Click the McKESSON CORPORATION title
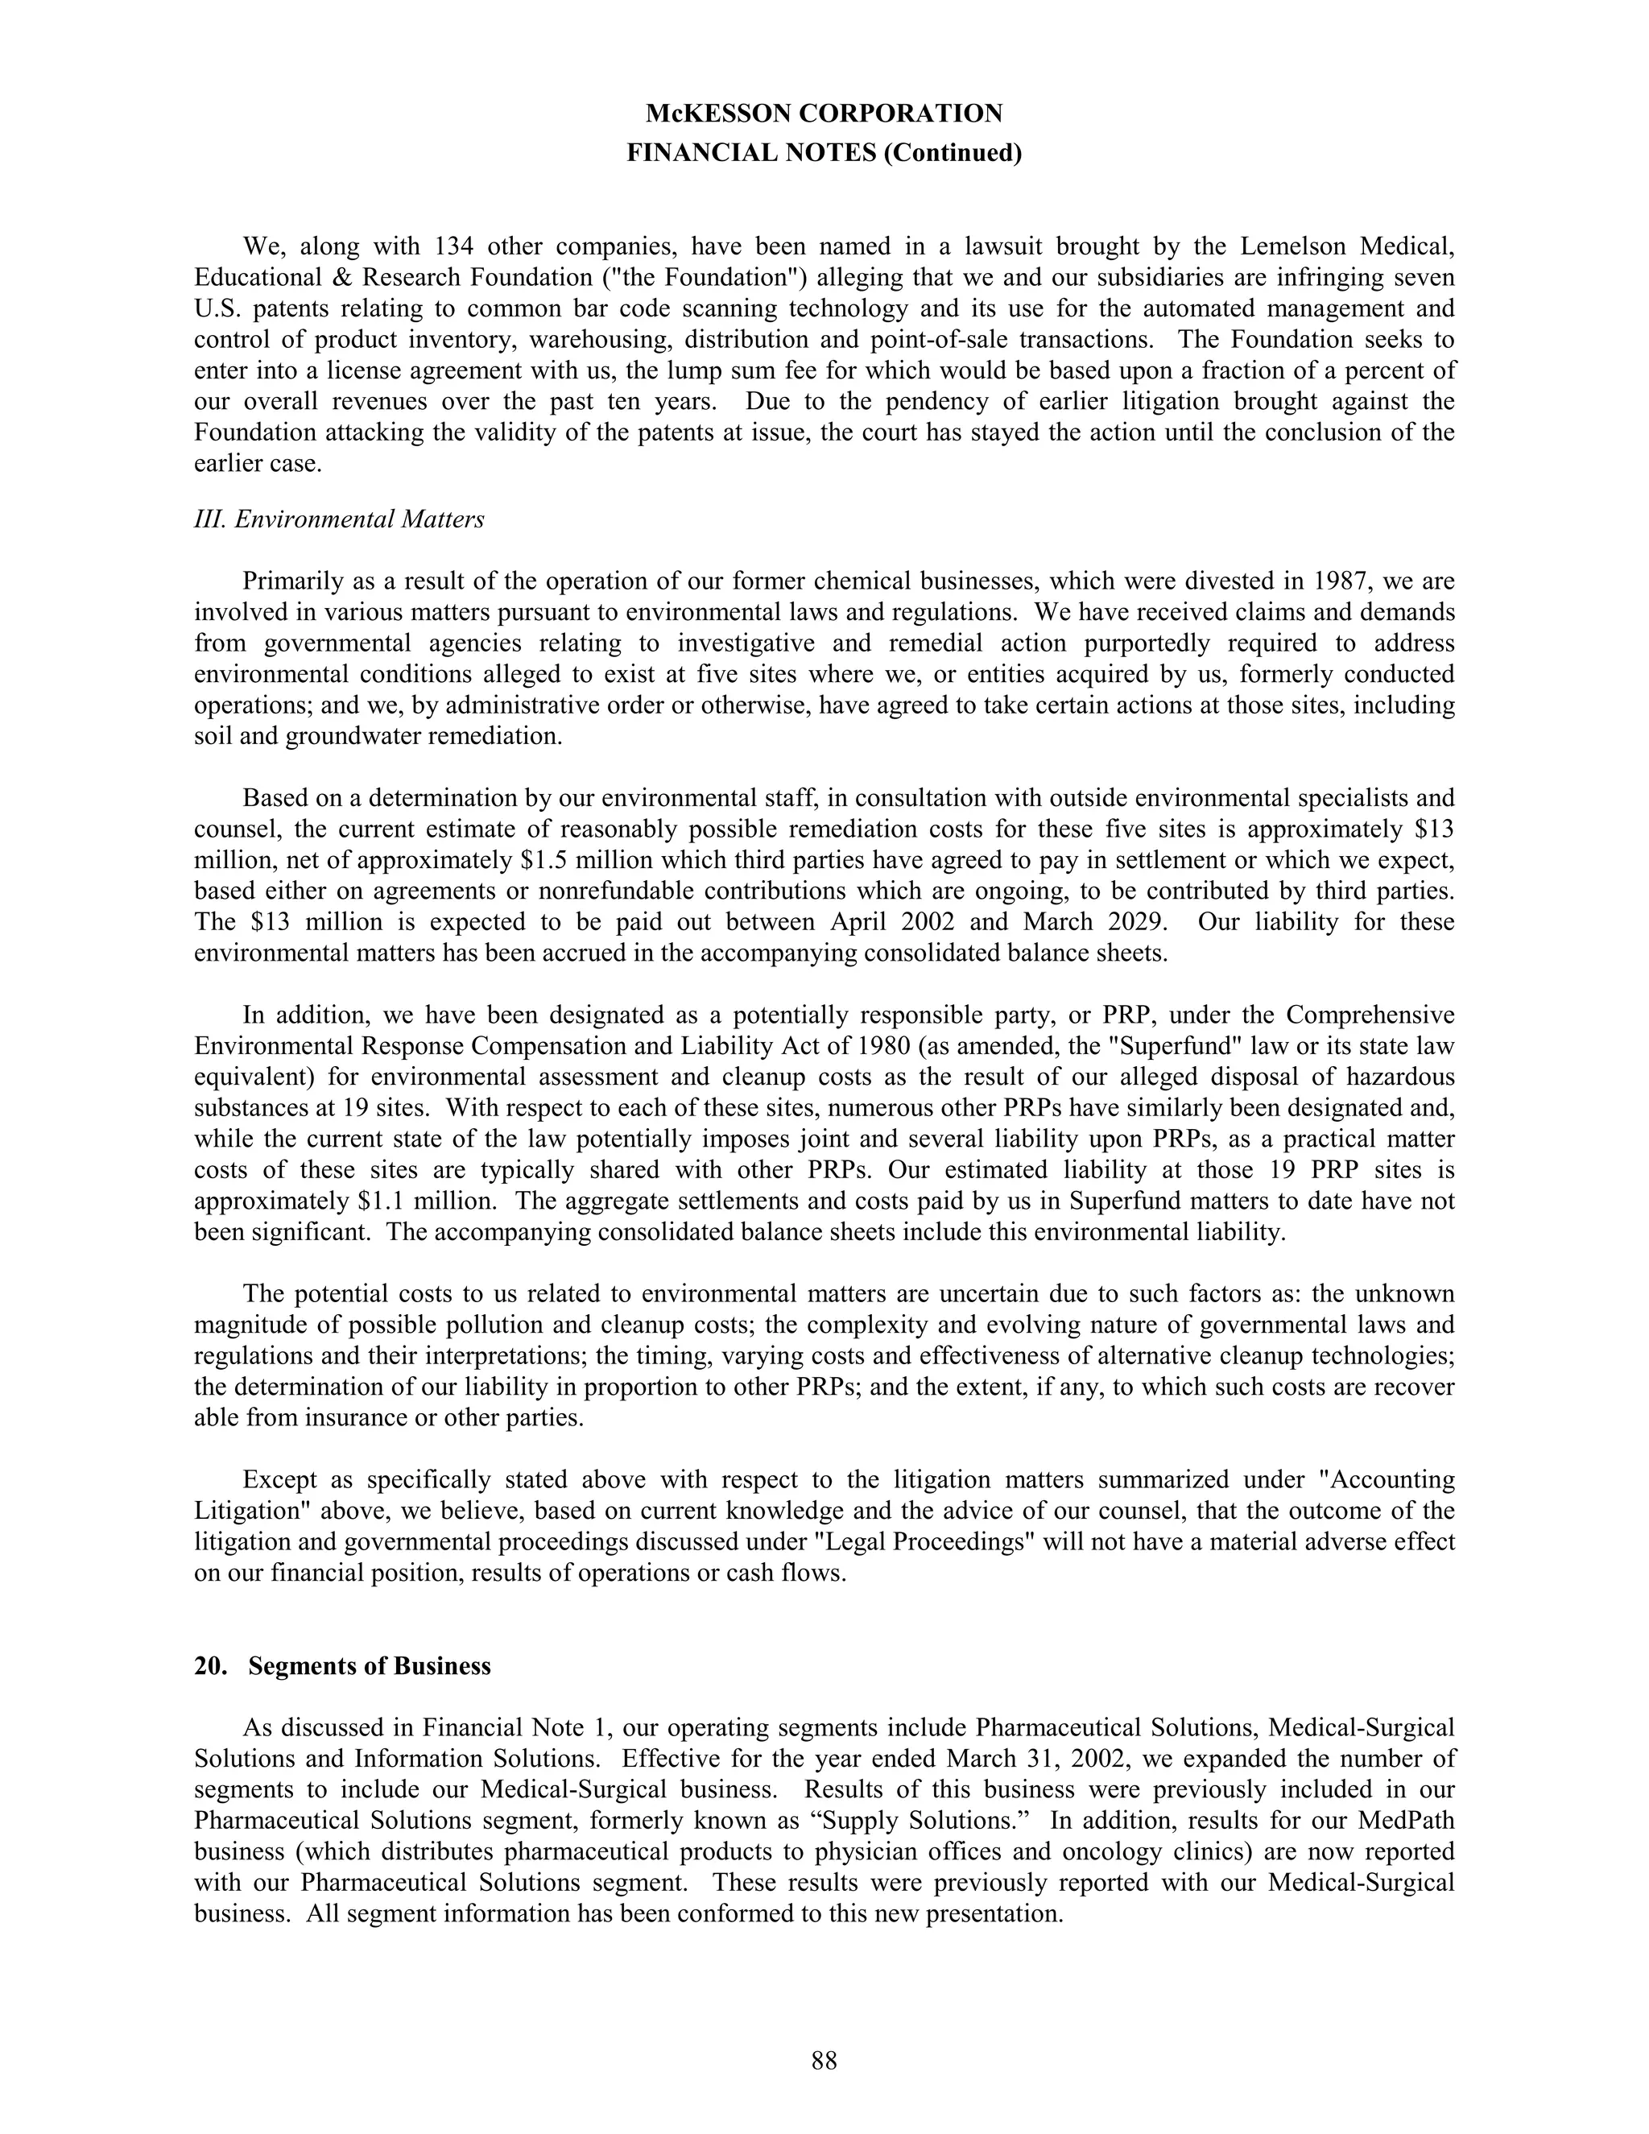824,114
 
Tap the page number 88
824,2061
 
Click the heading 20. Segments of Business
342,1666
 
